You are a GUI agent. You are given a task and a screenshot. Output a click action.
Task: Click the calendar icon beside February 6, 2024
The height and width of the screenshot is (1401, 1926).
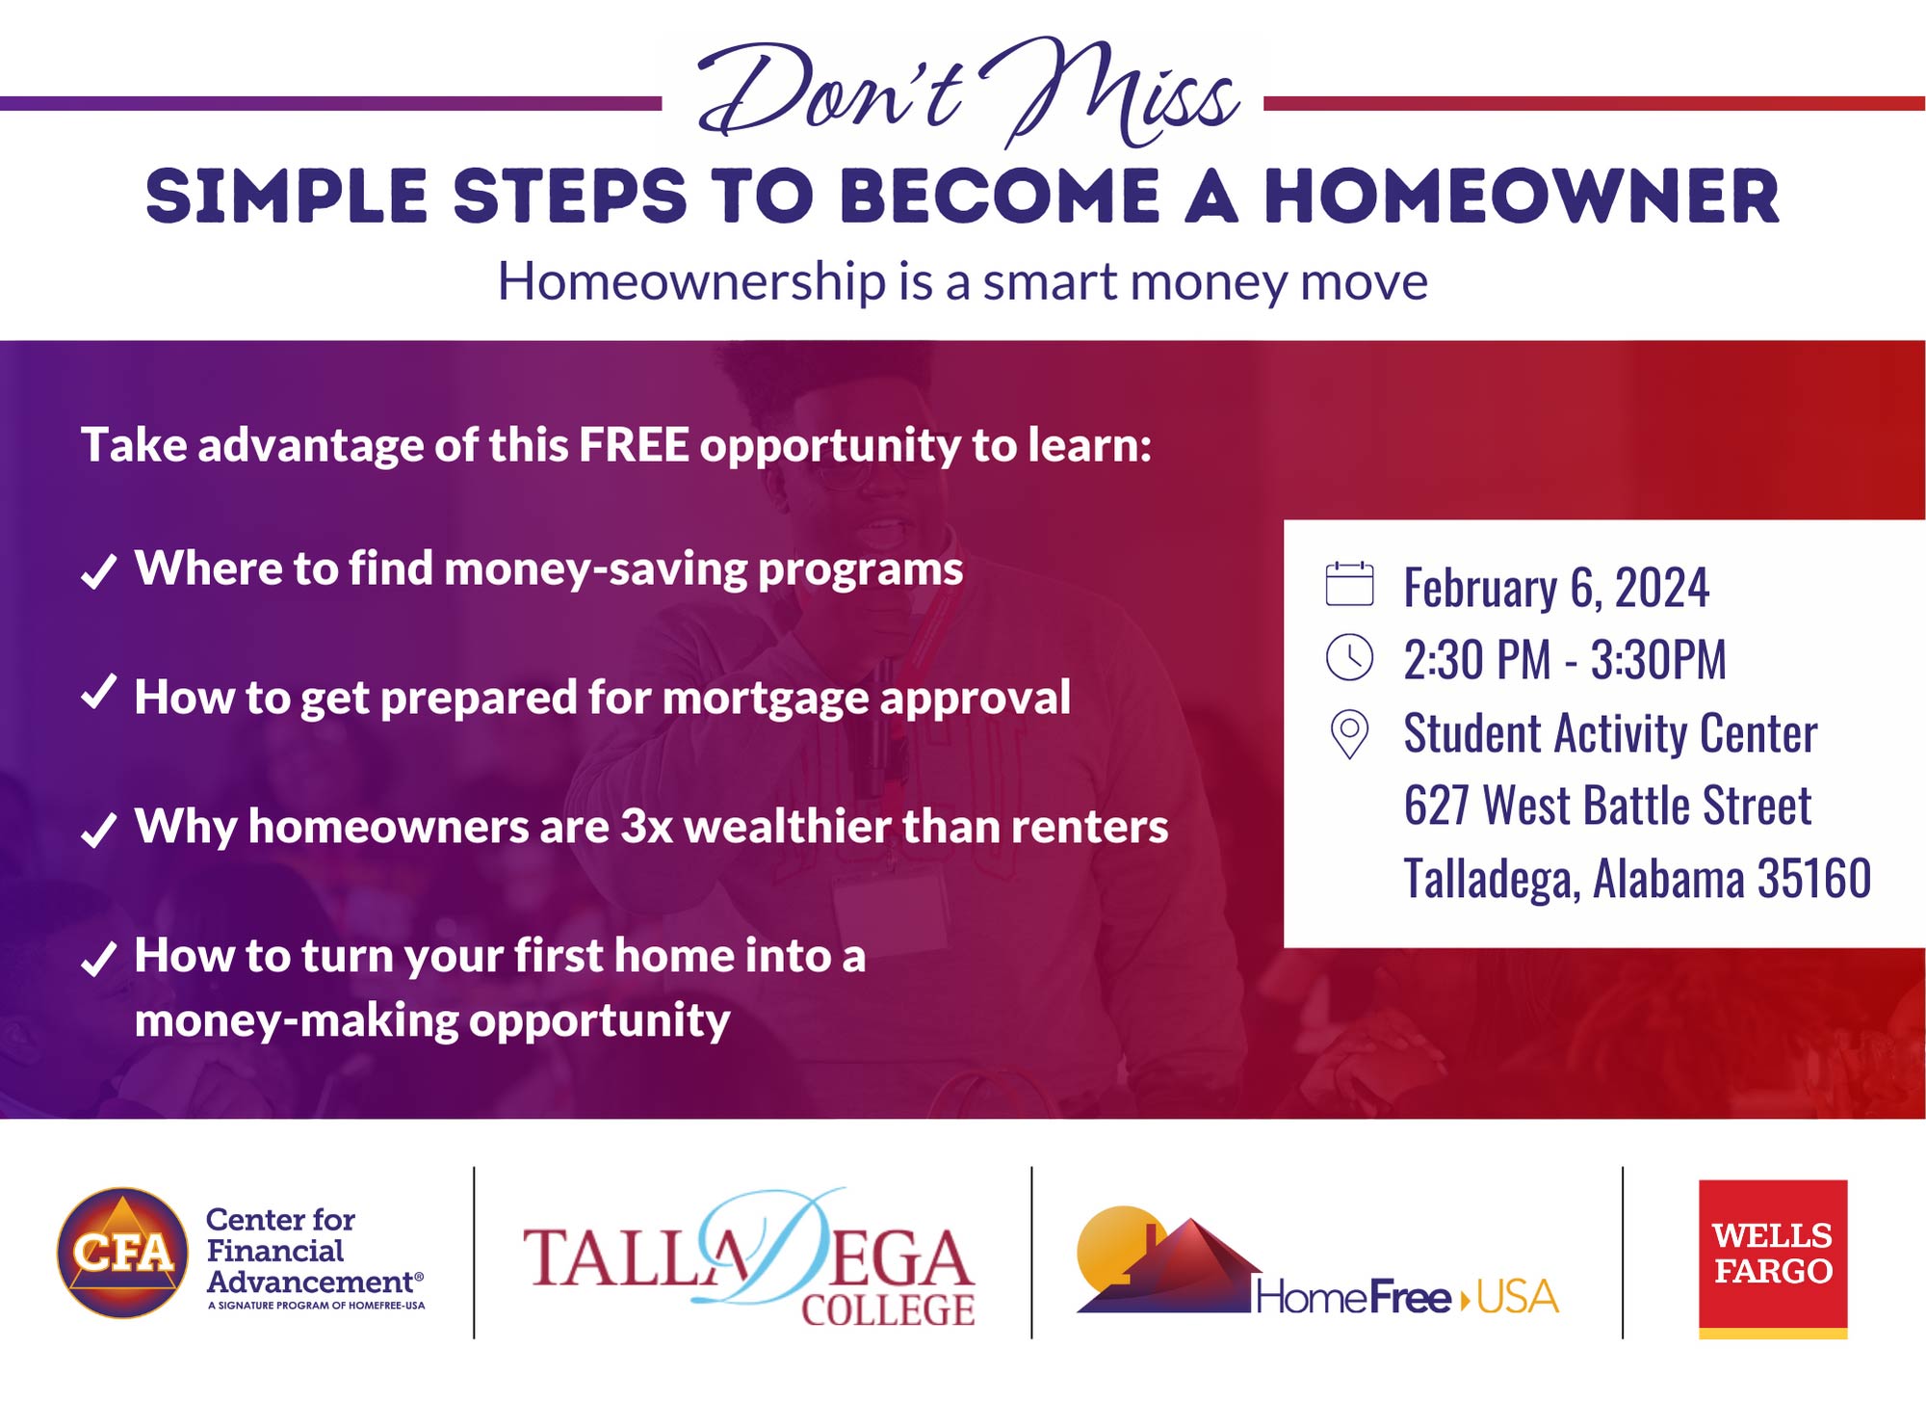(x=1349, y=584)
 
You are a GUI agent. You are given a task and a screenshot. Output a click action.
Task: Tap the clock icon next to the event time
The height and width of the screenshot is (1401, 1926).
(x=1349, y=658)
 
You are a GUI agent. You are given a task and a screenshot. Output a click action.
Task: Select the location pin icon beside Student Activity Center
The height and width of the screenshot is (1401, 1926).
(x=1349, y=734)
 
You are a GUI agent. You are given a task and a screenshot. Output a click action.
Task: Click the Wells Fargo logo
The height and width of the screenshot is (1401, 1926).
(x=1773, y=1258)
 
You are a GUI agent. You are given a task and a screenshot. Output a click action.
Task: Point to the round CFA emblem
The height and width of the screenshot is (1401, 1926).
(x=123, y=1253)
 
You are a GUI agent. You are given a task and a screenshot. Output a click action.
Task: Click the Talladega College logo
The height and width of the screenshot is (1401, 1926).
(x=749, y=1258)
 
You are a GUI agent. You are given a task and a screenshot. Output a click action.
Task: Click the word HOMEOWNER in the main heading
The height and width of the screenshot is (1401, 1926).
(x=1522, y=198)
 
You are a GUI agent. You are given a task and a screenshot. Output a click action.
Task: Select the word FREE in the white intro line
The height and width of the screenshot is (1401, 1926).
(x=634, y=445)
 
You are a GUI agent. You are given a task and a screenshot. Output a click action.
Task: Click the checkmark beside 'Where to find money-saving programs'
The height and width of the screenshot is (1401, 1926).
(x=98, y=570)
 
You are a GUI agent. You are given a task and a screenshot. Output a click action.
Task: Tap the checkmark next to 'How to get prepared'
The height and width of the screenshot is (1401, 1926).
(x=98, y=692)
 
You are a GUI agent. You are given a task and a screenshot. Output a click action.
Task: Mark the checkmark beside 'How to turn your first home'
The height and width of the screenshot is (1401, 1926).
(x=98, y=958)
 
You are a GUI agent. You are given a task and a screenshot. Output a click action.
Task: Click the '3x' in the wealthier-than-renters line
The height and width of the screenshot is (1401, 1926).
(x=646, y=827)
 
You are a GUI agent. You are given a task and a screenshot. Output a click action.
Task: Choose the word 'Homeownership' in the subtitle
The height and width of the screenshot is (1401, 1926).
(x=691, y=281)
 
